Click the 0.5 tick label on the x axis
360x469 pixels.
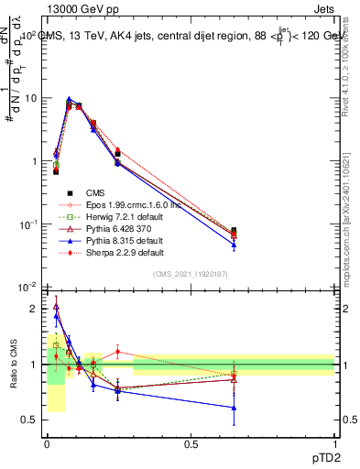click(x=191, y=443)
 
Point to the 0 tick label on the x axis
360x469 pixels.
click(x=47, y=443)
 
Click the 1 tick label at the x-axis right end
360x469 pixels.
click(x=334, y=443)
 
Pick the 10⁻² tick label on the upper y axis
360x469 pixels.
click(x=28, y=288)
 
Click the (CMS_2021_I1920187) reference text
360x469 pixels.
click(x=191, y=274)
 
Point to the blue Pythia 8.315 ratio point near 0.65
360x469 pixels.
click(x=234, y=408)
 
